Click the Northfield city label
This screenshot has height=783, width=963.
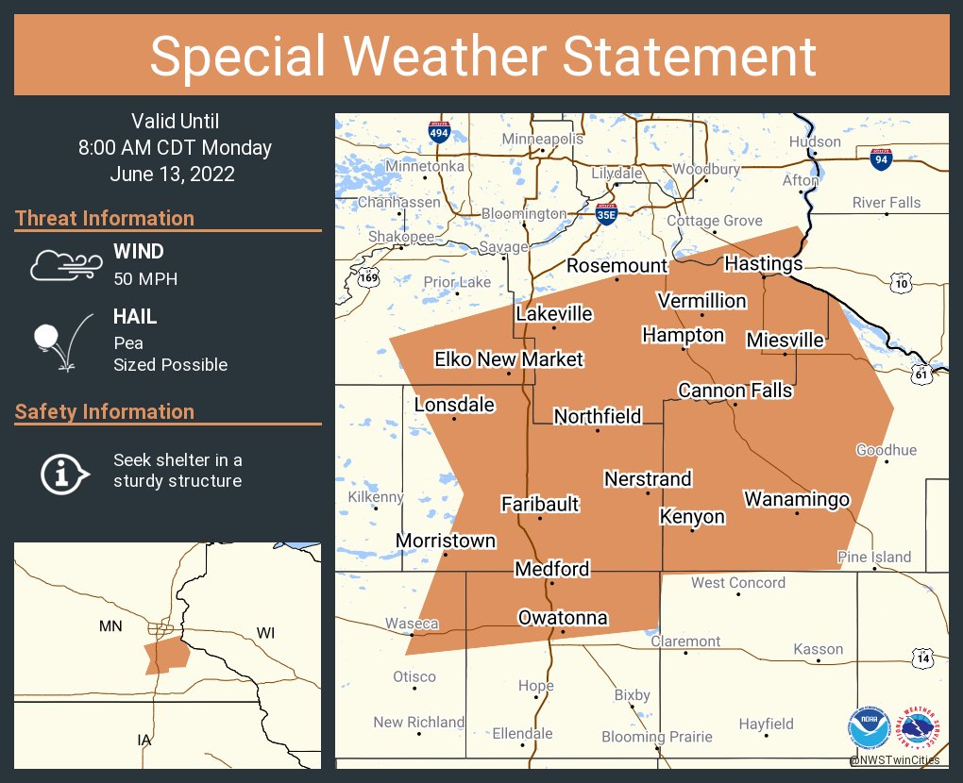598,416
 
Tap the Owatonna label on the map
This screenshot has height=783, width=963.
563,618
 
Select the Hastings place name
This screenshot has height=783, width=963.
763,263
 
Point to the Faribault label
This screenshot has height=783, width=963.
540,504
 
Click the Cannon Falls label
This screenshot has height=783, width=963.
735,391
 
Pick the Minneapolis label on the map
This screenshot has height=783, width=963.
542,140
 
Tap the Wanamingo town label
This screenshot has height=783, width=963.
797,499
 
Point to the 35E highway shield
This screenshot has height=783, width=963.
607,214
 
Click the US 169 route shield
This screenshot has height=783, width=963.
369,277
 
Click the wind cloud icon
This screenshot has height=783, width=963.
63,265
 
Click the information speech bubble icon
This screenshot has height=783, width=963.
63,472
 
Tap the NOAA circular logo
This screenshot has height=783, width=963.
869,728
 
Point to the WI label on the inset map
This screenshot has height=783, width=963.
265,633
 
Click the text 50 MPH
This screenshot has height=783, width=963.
145,279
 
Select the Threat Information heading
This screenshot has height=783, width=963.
105,218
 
